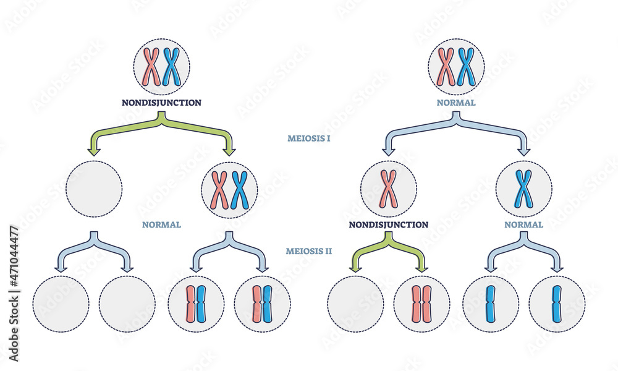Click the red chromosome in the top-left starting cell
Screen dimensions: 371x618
point(152,67)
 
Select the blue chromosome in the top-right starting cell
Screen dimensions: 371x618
point(466,67)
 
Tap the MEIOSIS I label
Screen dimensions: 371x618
point(309,139)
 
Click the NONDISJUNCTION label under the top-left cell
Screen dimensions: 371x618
point(162,103)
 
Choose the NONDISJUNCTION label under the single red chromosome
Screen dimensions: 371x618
point(388,224)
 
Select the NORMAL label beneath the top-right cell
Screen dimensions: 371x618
point(456,103)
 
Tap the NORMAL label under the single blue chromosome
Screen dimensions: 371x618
point(523,224)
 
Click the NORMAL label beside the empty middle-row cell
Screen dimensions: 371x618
point(161,224)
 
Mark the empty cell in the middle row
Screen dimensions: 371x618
point(94,189)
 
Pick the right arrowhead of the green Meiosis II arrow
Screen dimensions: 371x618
point(422,268)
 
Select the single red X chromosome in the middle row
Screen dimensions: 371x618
point(389,189)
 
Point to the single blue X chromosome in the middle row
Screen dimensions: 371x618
point(523,189)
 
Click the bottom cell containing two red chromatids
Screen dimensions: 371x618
point(422,304)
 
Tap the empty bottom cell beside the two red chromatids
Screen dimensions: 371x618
point(355,304)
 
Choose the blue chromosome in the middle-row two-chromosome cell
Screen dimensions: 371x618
point(239,189)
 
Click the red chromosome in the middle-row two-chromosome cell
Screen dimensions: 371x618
point(220,189)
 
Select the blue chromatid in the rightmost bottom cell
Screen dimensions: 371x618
point(557,304)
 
